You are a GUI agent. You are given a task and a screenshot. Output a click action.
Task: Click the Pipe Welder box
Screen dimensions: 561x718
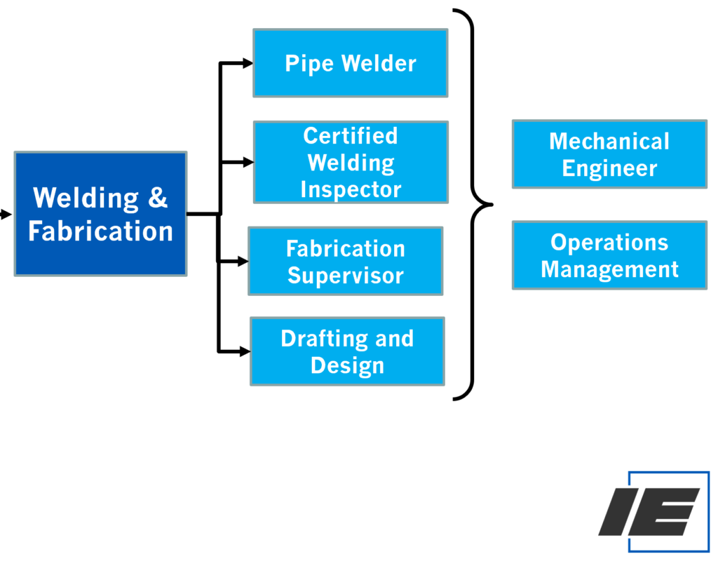[350, 63]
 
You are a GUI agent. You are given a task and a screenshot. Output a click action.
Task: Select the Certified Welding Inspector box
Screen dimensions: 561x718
[350, 162]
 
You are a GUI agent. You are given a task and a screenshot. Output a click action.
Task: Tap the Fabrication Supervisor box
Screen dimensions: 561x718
[345, 261]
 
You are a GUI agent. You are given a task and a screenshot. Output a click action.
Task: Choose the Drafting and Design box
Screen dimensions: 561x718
[347, 351]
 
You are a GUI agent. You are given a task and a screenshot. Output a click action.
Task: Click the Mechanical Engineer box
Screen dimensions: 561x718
[609, 154]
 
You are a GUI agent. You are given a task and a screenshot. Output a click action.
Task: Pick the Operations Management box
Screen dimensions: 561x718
[609, 255]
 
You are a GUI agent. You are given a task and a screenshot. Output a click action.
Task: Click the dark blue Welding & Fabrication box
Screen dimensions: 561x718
[100, 214]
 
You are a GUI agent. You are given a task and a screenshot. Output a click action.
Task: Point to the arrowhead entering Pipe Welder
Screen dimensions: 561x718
[247, 63]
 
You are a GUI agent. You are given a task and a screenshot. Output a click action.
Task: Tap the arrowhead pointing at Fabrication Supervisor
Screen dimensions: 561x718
[243, 262]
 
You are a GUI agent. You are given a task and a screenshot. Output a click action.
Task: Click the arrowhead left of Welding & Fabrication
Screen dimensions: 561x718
[6, 215]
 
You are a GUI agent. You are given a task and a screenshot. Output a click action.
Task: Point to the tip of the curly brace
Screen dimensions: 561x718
[490, 205]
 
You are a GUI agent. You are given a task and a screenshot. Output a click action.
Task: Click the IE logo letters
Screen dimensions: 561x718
[649, 512]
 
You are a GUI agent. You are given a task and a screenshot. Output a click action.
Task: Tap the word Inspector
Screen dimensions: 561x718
[351, 189]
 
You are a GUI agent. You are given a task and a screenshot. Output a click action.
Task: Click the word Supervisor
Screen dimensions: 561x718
[346, 276]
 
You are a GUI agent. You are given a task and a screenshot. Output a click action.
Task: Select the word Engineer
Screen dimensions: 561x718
[609, 168]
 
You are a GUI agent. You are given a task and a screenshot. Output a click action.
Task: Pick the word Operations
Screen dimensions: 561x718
[609, 242]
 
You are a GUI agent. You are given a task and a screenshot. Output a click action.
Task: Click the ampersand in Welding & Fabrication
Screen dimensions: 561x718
[158, 198]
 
